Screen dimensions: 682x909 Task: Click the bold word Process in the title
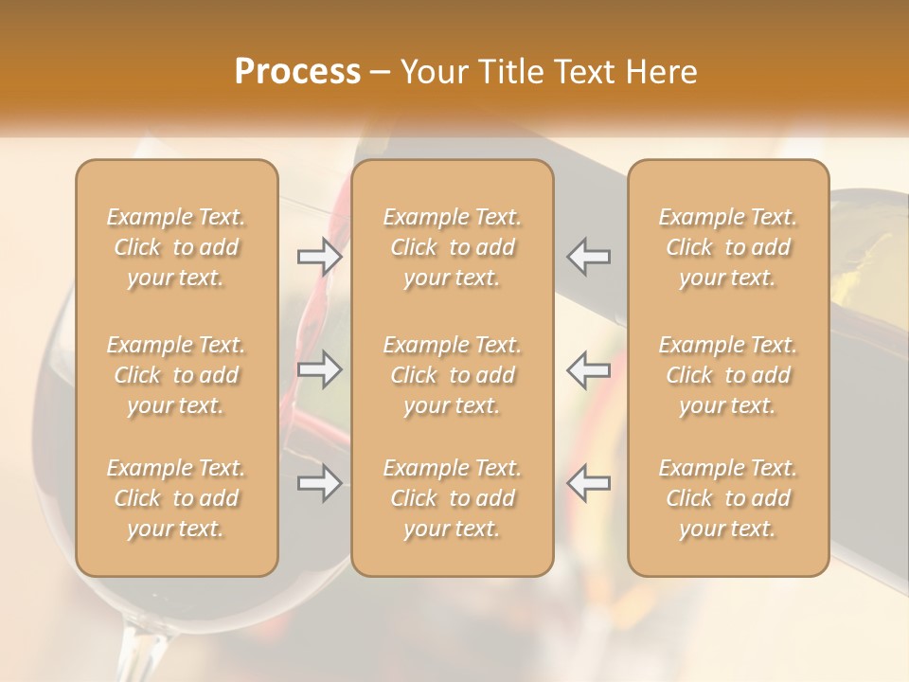tap(297, 72)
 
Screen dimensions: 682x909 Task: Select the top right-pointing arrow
tap(320, 257)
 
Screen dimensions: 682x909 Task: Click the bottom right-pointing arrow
tap(320, 483)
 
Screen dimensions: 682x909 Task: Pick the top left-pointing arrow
tap(589, 257)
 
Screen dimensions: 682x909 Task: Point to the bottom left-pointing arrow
tap(589, 483)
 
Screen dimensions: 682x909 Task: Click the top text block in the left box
tap(176, 247)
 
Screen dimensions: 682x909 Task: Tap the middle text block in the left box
tap(176, 375)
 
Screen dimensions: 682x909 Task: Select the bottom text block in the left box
tap(176, 498)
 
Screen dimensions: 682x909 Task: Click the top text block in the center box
tap(453, 247)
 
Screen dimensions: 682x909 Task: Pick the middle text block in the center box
tap(453, 375)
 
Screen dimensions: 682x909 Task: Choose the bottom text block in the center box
tap(453, 498)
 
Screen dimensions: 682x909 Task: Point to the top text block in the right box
tap(728, 247)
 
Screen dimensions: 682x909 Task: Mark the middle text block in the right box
tap(728, 375)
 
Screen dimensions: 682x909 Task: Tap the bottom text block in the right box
tap(728, 498)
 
